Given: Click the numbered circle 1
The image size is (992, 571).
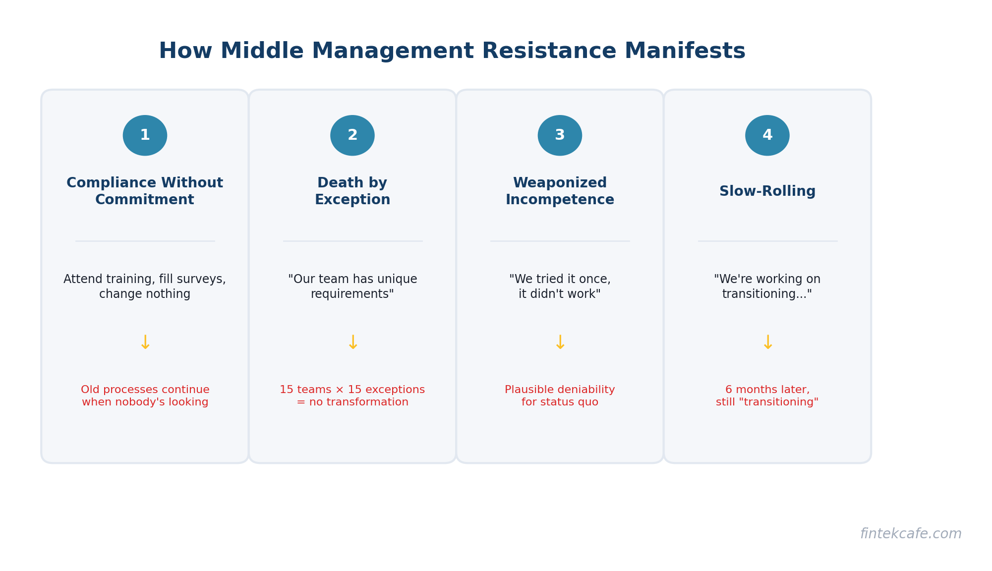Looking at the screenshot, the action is (145, 135).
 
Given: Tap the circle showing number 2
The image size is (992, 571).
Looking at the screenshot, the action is (352, 135).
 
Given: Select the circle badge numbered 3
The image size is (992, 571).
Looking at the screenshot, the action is (560, 135).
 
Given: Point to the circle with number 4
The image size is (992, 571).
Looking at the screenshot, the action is (767, 135).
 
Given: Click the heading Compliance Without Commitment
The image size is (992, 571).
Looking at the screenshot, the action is (145, 191).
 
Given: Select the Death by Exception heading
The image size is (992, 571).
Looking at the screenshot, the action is (352, 191).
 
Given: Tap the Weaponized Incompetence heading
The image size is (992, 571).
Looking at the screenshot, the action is (560, 191).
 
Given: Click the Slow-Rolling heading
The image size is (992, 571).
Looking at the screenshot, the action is (767, 191).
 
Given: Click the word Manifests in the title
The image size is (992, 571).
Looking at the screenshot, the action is (685, 51).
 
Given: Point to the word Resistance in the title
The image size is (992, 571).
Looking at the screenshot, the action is (549, 51).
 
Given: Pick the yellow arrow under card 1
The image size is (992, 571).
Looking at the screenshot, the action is (145, 343).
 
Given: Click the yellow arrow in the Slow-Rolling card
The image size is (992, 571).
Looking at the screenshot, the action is (767, 343).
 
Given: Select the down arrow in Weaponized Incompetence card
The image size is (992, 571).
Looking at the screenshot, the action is (560, 343).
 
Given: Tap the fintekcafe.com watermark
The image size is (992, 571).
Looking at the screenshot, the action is (911, 534).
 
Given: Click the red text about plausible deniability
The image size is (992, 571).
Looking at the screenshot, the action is (560, 396).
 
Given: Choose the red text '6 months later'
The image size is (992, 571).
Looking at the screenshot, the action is (767, 390).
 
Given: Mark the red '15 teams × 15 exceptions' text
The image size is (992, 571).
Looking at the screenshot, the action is (352, 390).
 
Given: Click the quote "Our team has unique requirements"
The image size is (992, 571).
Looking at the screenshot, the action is (352, 286).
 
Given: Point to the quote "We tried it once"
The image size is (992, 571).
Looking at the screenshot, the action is (560, 280).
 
